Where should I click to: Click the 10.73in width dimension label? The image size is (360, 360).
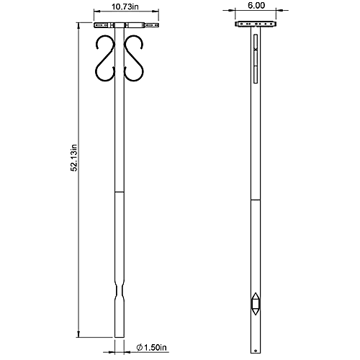[121, 9]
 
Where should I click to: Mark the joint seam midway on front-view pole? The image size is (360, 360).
[121, 193]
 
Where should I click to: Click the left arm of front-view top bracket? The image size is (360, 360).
[105, 25]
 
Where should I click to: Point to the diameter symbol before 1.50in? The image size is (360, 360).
[138, 348]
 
